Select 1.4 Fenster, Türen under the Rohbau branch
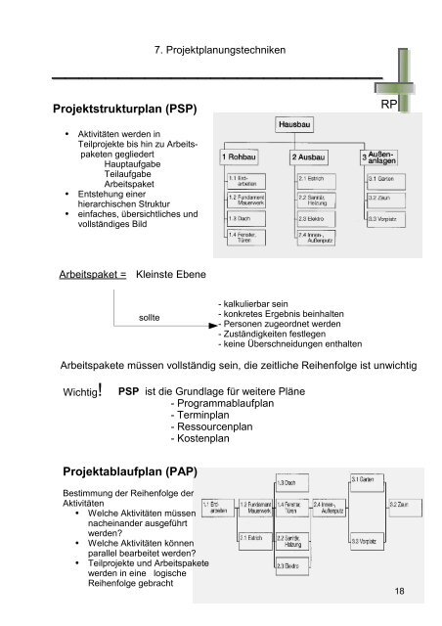point(243,238)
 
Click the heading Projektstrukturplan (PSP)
point(108,106)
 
